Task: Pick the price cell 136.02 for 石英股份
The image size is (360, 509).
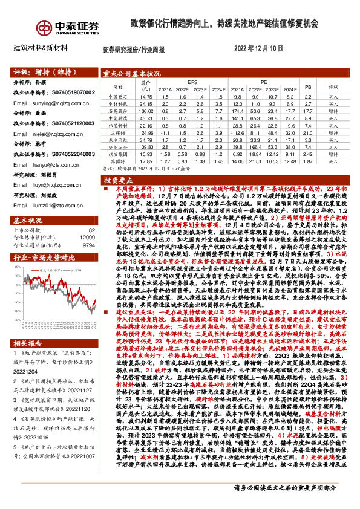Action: click(x=145, y=111)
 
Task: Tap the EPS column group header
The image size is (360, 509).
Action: click(x=192, y=80)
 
